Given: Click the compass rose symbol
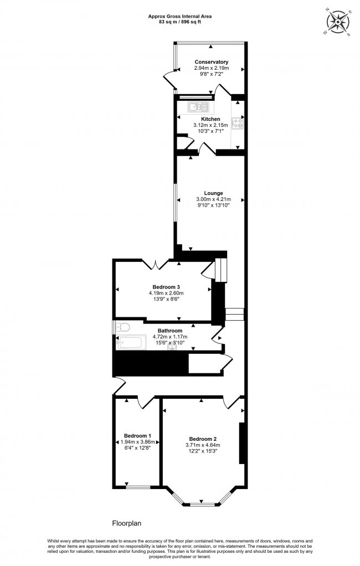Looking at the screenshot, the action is [337, 22].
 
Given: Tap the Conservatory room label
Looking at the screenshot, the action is [212, 62].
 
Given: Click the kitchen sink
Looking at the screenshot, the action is [198, 106].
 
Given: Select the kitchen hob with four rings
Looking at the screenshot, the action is [238, 124].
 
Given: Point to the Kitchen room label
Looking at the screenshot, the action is [210, 119].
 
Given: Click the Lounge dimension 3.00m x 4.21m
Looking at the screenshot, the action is [213, 199].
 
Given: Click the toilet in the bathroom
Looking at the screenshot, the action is [123, 328].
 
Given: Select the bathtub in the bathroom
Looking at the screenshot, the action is [131, 343].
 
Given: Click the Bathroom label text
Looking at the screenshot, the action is [170, 331].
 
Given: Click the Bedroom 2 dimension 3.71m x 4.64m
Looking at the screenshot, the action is [203, 445].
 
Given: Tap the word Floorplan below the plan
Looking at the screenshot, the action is [127, 523].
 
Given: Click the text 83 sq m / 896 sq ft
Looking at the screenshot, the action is [180, 22].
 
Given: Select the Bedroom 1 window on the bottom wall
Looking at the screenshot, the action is [138, 487].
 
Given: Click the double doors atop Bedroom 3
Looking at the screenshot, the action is [156, 265].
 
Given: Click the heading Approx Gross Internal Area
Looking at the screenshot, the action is [180, 16].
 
